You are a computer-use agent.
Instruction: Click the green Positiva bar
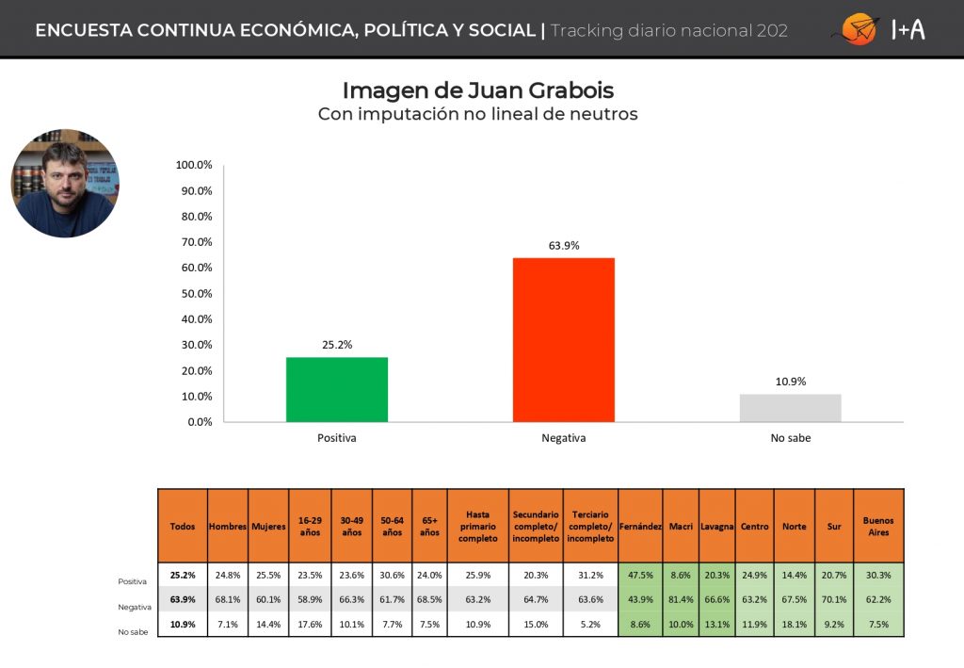[x=336, y=389]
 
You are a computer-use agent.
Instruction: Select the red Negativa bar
[x=563, y=339]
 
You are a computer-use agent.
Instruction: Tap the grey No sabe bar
[x=790, y=407]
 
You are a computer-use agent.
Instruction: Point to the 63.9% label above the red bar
[x=563, y=246]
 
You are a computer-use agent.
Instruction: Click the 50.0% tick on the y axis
[x=195, y=293]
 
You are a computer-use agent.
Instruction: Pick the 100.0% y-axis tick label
[x=195, y=165]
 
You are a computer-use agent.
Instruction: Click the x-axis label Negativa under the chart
[x=563, y=438]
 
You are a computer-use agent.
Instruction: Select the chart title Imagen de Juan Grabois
[x=478, y=90]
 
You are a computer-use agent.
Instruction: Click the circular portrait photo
[x=64, y=183]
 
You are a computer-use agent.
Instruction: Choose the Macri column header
[x=681, y=527]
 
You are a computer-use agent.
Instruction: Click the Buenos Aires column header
[x=878, y=527]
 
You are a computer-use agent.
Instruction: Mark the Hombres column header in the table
[x=228, y=527]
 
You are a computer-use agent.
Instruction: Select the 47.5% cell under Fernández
[x=640, y=575]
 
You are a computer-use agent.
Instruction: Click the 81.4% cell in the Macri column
[x=681, y=599]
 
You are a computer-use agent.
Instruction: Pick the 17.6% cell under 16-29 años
[x=310, y=624]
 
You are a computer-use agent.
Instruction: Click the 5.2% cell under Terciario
[x=590, y=624]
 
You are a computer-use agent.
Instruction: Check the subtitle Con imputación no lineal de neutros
[x=478, y=115]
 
